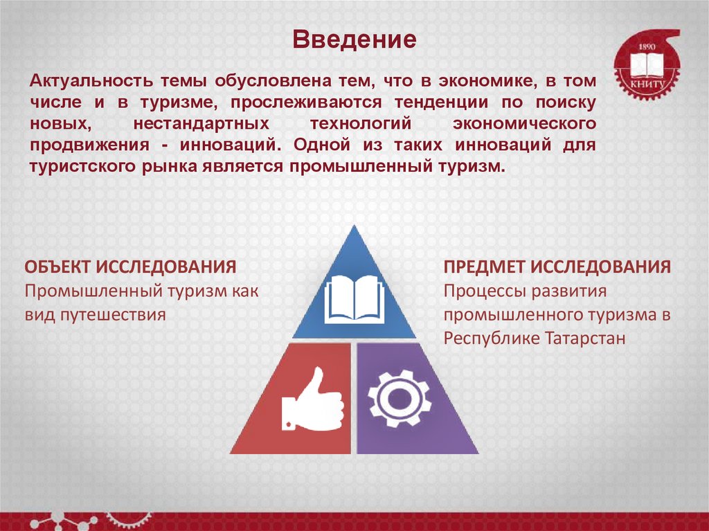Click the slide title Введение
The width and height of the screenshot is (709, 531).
click(x=353, y=39)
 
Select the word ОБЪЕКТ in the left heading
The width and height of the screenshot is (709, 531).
click(x=57, y=267)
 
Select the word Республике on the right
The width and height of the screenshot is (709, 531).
click(x=486, y=339)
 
